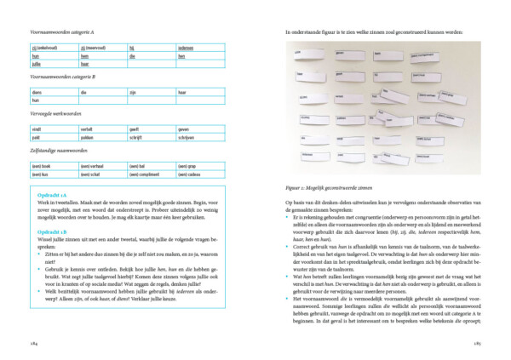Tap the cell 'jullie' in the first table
(36, 63)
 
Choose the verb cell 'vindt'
(36, 128)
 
